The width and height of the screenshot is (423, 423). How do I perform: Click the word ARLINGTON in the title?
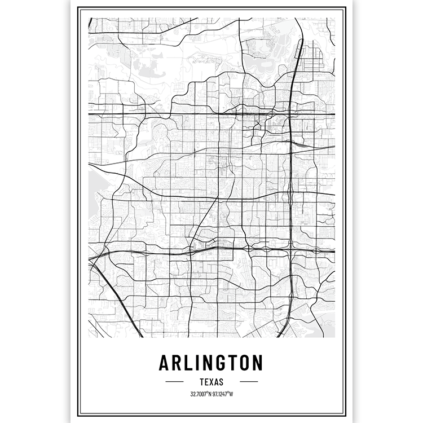[211, 362]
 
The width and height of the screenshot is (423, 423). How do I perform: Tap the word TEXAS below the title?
[211, 382]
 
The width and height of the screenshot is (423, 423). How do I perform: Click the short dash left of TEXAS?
[174, 382]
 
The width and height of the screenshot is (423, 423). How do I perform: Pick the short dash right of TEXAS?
[249, 382]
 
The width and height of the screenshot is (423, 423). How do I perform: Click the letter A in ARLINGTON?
[166, 362]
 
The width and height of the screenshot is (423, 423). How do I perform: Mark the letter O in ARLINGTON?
[243, 362]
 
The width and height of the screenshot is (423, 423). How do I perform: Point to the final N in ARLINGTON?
[257, 362]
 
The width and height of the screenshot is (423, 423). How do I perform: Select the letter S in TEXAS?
[221, 382]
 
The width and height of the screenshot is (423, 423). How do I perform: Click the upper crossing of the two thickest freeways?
[289, 114]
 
